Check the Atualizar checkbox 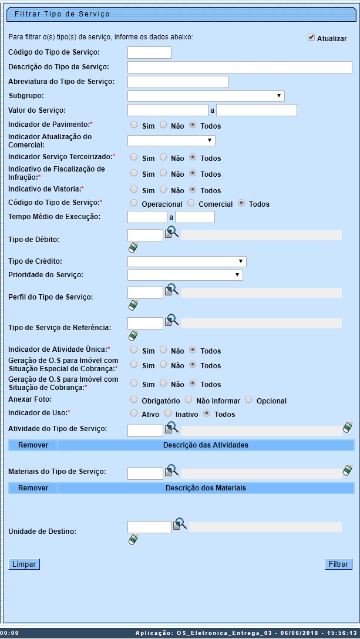click(x=311, y=38)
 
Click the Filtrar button click(x=338, y=564)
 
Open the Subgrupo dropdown click(x=206, y=96)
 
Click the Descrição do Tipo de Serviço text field click(x=240, y=67)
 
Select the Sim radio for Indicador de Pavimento click(x=134, y=125)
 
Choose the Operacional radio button click(x=134, y=203)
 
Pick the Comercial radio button click(x=191, y=203)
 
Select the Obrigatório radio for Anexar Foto click(x=134, y=400)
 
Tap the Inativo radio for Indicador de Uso click(x=168, y=413)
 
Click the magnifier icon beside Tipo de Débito click(x=171, y=232)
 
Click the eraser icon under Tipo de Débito click(x=133, y=247)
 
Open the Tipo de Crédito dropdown click(x=187, y=261)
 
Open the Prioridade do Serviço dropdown click(x=185, y=275)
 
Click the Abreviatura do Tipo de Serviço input click(x=178, y=82)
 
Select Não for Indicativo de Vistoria click(x=163, y=190)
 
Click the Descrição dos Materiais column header click(x=206, y=487)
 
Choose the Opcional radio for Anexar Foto click(x=249, y=400)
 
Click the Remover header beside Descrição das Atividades click(x=33, y=445)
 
